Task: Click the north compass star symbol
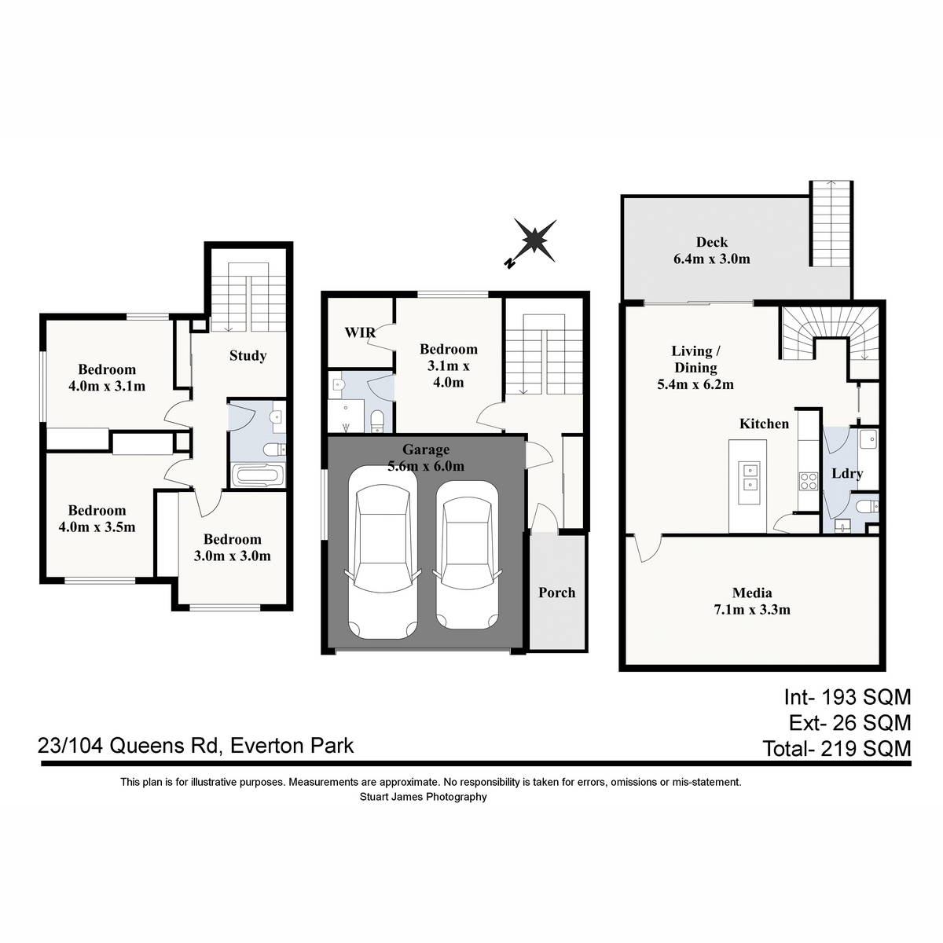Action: pos(534,241)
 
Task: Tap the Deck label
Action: pos(711,242)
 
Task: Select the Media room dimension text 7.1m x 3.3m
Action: pos(752,609)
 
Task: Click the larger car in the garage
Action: pos(382,552)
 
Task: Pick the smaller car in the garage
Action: pos(467,555)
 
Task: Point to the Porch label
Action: pos(556,593)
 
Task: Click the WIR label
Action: pos(360,332)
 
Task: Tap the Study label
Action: pos(248,356)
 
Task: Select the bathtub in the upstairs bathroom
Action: pos(258,475)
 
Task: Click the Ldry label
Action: pos(847,473)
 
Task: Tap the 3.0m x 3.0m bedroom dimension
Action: pos(232,556)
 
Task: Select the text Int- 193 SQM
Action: pos(847,697)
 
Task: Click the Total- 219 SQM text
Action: pos(837,749)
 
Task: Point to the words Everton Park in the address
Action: pos(292,746)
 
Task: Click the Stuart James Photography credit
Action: pos(424,797)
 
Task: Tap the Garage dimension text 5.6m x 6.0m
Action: pos(426,466)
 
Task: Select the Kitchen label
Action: pos(764,424)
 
